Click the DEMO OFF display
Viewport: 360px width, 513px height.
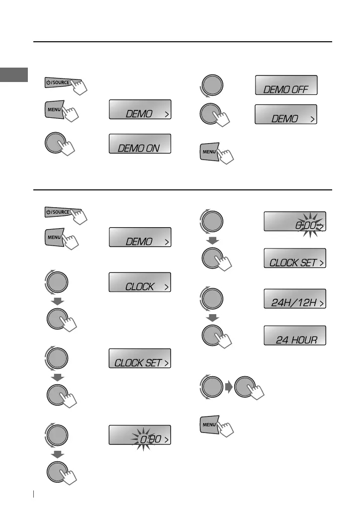point(286,85)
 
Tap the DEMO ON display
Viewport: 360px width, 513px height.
point(140,144)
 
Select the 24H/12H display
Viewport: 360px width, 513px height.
point(295,299)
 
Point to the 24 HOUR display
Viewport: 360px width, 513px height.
point(295,336)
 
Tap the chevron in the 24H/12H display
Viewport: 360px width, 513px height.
point(321,303)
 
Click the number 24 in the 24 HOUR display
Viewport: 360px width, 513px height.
point(282,341)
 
